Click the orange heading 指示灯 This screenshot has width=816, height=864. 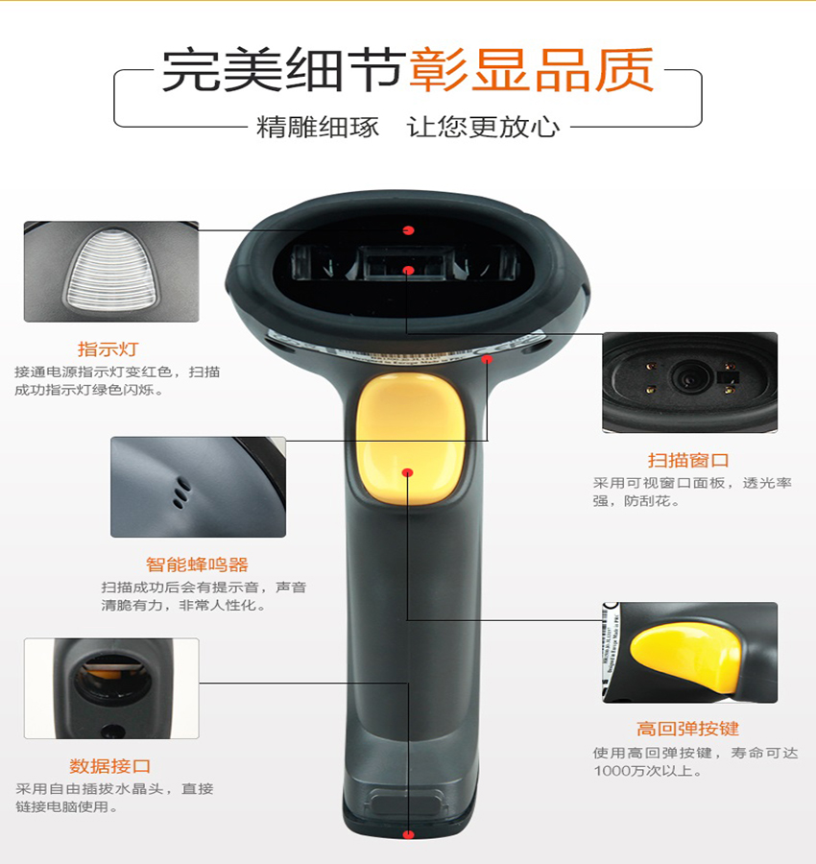108,349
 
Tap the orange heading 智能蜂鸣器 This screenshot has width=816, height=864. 197,564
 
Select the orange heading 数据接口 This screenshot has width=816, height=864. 110,766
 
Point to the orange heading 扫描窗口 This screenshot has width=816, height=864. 688,461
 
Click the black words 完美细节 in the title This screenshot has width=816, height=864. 282,70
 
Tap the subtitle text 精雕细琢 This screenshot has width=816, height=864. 318,127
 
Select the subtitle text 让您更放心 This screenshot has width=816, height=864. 483,127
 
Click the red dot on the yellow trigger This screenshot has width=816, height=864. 408,472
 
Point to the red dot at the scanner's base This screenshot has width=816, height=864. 408,834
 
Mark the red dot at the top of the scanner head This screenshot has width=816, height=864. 408,229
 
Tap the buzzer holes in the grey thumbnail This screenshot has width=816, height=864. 180,492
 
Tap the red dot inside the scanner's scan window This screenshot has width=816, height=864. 408,271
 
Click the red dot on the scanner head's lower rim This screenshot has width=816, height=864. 487,359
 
